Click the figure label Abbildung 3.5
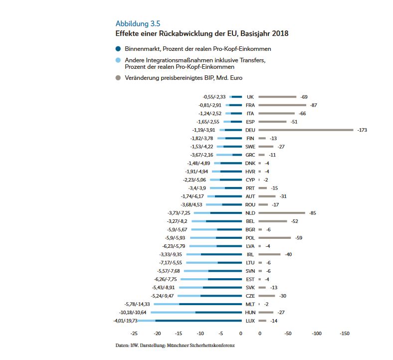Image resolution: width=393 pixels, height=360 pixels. [x=138, y=23]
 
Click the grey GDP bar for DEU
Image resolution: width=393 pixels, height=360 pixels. [x=306, y=130]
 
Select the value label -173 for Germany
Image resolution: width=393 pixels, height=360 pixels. [x=362, y=130]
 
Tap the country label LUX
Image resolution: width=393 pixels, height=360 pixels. [x=250, y=321]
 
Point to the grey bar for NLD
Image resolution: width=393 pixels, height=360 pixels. [x=282, y=212]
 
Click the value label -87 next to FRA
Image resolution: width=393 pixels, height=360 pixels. [x=313, y=105]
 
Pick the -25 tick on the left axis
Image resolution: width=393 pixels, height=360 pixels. [x=134, y=333]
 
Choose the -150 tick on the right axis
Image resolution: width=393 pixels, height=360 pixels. [x=344, y=333]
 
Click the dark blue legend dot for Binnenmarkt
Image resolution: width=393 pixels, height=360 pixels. [x=118, y=49]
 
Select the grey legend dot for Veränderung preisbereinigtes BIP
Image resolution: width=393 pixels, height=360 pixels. [x=118, y=78]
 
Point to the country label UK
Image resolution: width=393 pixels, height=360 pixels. [x=250, y=97]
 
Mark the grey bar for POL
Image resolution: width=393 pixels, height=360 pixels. [x=274, y=238]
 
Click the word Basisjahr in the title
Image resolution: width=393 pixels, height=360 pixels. [x=241, y=34]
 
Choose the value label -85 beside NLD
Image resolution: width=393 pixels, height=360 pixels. [x=313, y=213]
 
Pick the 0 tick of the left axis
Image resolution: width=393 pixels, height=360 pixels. [x=241, y=333]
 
